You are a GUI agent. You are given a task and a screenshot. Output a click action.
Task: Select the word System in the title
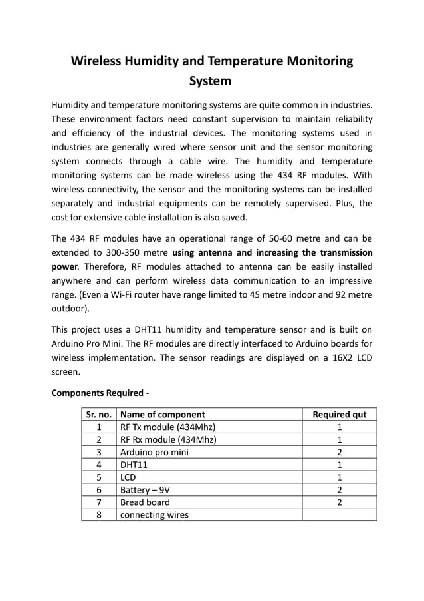point(211,82)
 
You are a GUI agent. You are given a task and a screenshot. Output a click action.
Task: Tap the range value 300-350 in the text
point(128,252)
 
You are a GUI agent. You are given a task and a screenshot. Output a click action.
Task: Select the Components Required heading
point(96,393)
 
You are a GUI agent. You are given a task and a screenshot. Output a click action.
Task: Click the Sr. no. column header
point(99,414)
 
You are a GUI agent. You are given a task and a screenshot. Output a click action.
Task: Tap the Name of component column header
point(162,414)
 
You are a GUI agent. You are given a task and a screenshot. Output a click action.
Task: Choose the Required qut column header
point(339,414)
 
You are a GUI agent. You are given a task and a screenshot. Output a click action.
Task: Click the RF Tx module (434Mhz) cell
point(167,427)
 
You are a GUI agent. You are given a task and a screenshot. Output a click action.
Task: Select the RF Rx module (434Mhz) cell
point(167,439)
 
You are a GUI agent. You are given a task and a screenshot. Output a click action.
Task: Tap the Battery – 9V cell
point(144,489)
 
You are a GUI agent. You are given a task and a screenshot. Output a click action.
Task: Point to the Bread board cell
point(144,502)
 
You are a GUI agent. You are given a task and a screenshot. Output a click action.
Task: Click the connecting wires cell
point(154,514)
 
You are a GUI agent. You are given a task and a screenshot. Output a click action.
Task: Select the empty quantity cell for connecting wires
point(339,514)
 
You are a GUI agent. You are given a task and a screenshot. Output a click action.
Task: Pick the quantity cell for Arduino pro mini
point(339,452)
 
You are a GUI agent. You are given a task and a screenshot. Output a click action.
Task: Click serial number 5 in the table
point(99,477)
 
